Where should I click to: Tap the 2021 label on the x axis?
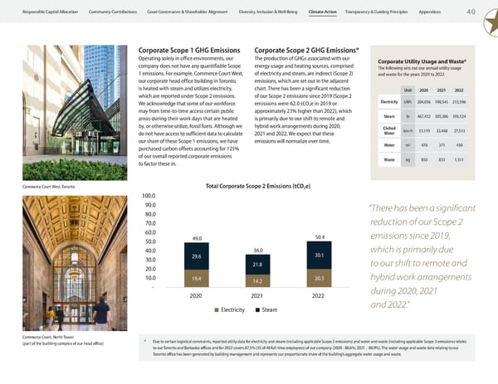click(x=257, y=296)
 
